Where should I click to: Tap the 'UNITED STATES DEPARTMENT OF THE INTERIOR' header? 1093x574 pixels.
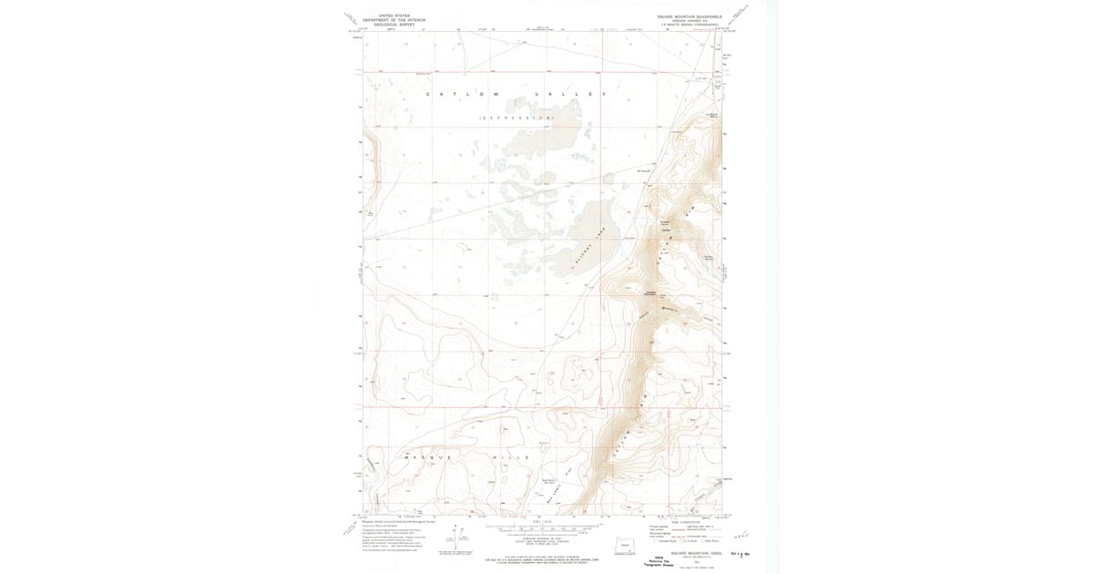388,17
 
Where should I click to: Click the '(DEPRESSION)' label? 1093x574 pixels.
516,118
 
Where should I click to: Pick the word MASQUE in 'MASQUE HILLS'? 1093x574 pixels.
424,456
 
